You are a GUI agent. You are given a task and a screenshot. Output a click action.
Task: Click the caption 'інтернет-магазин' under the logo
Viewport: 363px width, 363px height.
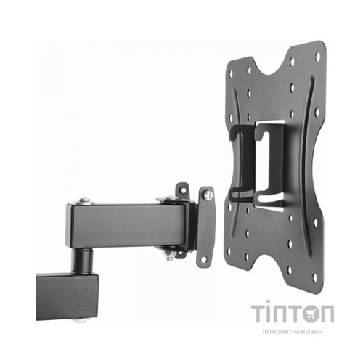(293, 331)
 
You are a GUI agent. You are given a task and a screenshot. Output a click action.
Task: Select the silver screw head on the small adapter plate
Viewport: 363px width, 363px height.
(208, 195)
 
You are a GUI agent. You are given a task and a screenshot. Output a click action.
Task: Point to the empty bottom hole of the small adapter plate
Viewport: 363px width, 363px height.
(204, 259)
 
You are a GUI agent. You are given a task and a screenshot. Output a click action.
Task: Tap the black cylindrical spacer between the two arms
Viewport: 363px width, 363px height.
(82, 261)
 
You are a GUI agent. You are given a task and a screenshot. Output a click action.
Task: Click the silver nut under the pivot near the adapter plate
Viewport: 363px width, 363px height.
(169, 256)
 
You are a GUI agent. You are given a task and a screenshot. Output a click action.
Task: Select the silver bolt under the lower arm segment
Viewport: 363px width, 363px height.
(81, 320)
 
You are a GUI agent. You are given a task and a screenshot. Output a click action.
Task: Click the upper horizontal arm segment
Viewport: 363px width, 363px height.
(126, 225)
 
